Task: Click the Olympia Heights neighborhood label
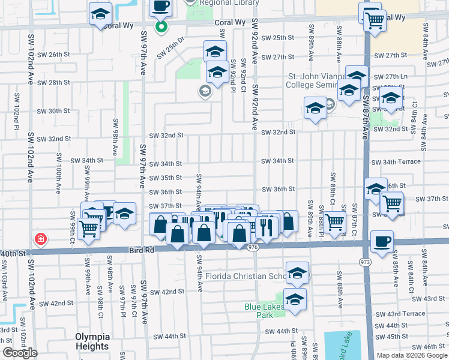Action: tap(92, 341)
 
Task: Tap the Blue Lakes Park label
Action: tap(263, 310)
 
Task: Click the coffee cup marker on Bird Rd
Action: tap(382, 241)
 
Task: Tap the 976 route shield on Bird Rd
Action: tap(252, 247)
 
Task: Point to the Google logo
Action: tap(20, 353)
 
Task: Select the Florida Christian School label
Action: tap(246, 276)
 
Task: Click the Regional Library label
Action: tap(223, 3)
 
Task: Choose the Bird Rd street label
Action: tap(138, 249)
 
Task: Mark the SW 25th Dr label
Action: tap(170, 50)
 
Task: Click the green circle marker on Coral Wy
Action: tap(161, 26)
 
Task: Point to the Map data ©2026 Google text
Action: tap(411, 355)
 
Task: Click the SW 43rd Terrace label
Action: tap(406, 313)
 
